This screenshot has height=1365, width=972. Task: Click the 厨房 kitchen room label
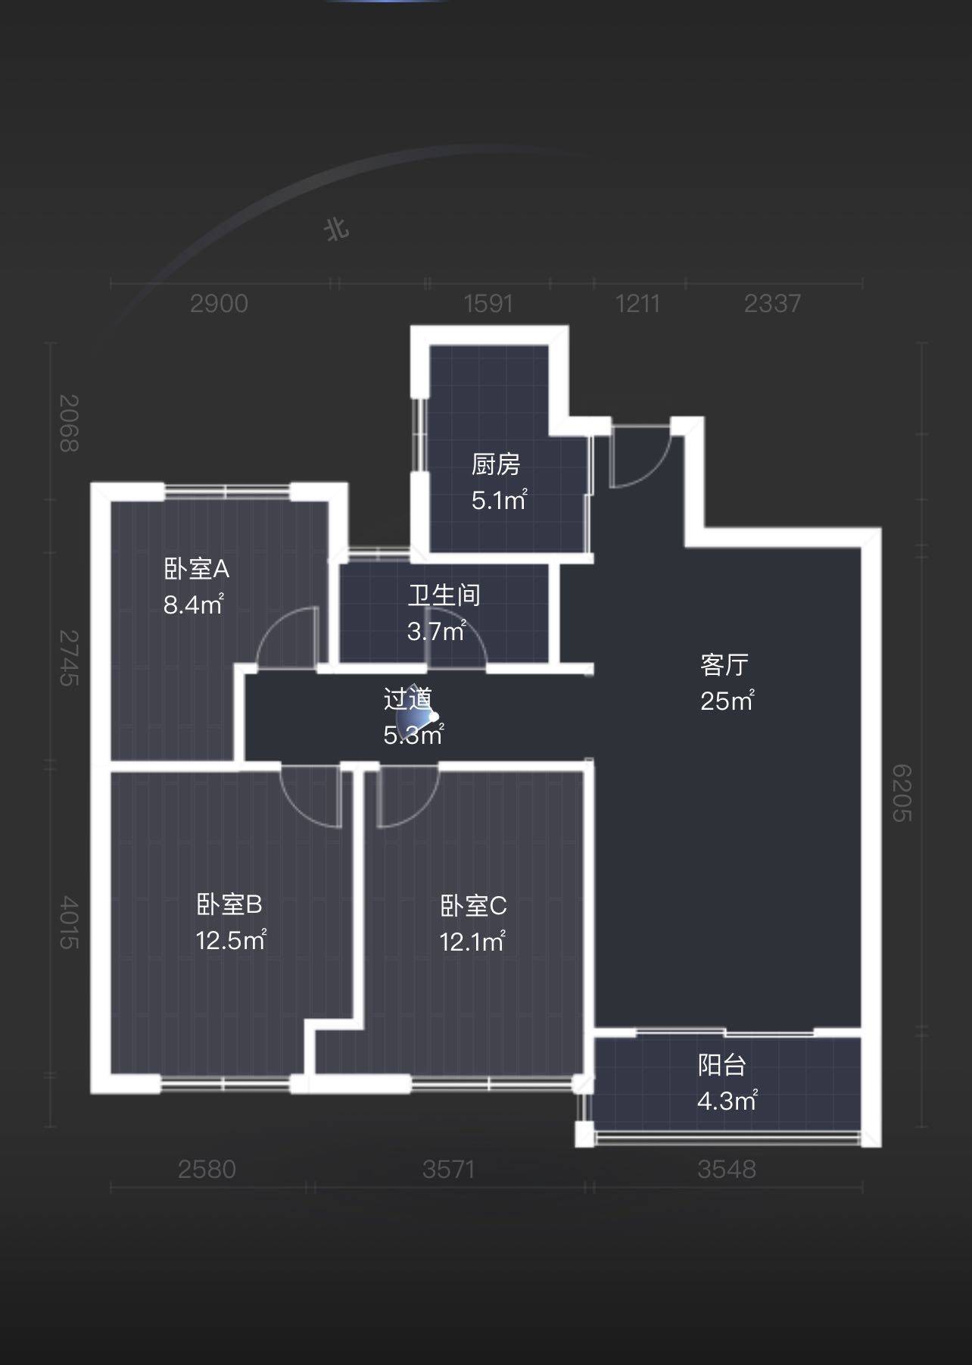click(496, 464)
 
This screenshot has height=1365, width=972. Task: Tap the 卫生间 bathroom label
click(444, 595)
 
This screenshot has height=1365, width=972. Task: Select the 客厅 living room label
click(724, 665)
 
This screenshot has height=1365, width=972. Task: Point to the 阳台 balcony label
click(722, 1065)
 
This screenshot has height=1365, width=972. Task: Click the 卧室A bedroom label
click(196, 569)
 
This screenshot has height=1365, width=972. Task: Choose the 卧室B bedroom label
click(229, 904)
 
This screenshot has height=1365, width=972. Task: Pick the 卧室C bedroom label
click(473, 906)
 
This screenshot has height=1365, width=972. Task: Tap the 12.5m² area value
click(231, 940)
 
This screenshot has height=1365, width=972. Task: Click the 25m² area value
click(727, 701)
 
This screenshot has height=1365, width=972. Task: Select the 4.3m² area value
click(727, 1101)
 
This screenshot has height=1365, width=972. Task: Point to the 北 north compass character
click(337, 228)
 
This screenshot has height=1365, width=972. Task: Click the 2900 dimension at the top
click(219, 304)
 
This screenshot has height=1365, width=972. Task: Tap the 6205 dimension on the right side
click(902, 793)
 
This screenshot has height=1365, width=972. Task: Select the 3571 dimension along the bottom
click(449, 1170)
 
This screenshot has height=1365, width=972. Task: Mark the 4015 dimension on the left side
click(69, 923)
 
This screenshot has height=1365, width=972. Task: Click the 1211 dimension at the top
click(637, 304)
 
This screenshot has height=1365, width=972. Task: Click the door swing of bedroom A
click(286, 638)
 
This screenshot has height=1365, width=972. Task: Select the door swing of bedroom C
click(408, 797)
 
